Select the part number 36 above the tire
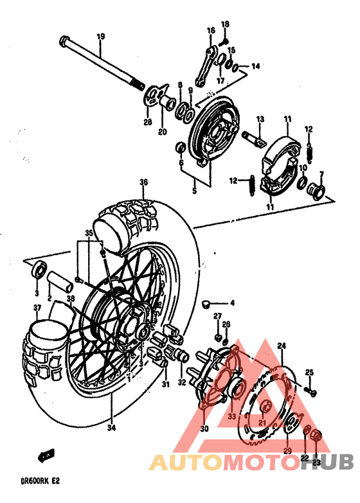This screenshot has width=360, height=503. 143,182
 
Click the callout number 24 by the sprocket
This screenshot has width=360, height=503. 280,346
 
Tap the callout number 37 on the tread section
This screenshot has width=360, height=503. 37,308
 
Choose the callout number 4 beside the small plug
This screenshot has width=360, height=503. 233,303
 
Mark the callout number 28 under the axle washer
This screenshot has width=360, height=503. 147,122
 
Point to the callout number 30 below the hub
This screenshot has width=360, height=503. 205,429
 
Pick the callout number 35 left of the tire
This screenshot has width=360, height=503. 89,233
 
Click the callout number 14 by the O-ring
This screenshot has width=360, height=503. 255,66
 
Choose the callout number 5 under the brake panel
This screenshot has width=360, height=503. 195,191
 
